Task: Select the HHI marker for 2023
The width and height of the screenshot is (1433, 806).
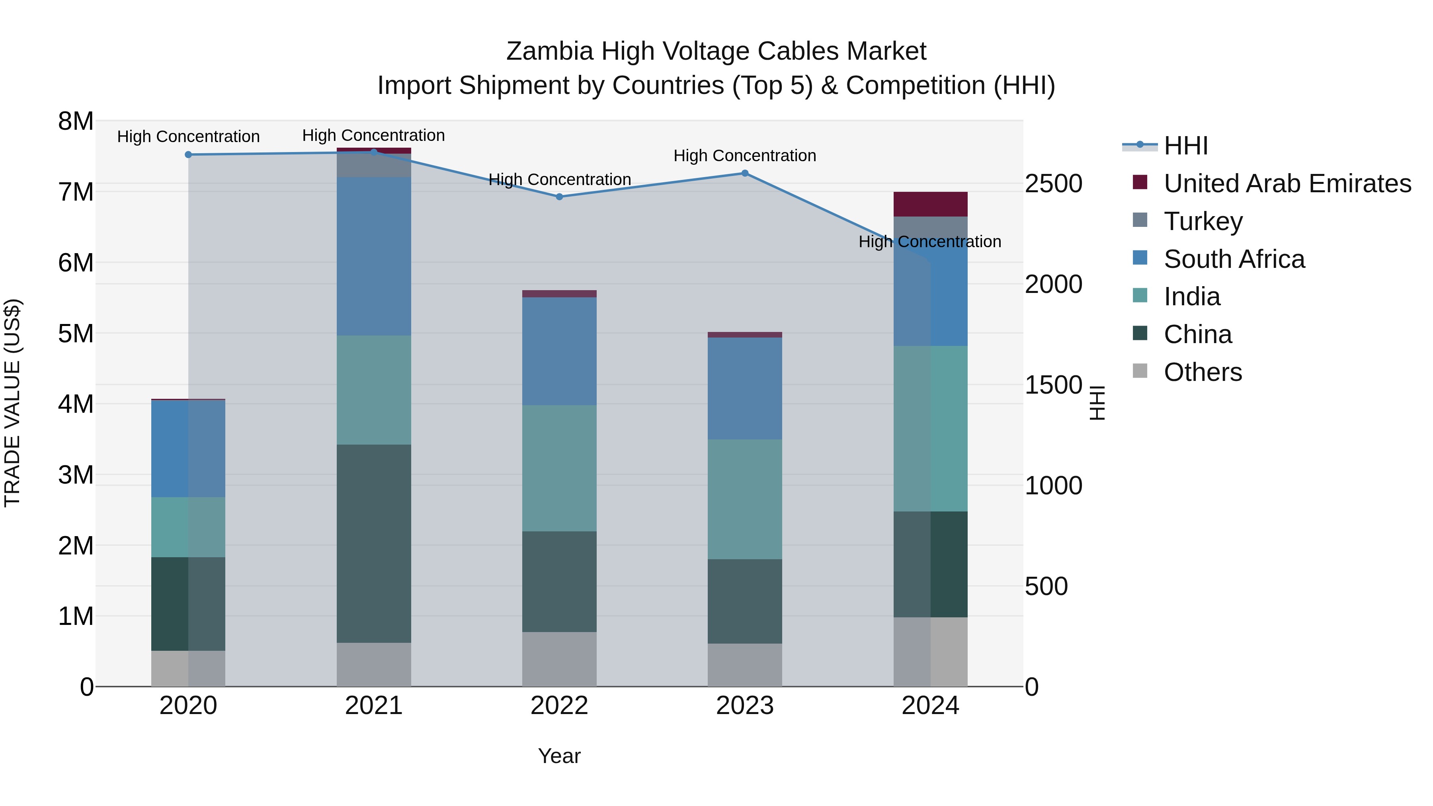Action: point(745,173)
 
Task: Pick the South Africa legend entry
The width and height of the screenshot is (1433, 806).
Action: point(1234,259)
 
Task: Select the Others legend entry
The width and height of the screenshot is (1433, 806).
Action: point(1202,372)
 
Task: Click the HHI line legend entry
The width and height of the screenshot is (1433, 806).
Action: point(1185,146)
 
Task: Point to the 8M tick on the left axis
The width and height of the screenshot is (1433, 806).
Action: point(76,121)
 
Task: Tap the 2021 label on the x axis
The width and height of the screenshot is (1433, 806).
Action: point(374,706)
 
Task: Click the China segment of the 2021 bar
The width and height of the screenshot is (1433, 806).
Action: point(374,543)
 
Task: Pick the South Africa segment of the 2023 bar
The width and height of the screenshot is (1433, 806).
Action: point(745,388)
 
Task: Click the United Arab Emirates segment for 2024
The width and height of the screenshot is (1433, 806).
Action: point(930,204)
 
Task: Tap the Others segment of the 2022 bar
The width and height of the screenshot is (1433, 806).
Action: point(559,659)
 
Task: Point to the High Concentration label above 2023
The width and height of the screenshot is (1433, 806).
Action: point(745,156)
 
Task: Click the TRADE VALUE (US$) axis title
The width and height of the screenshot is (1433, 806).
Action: point(12,403)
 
